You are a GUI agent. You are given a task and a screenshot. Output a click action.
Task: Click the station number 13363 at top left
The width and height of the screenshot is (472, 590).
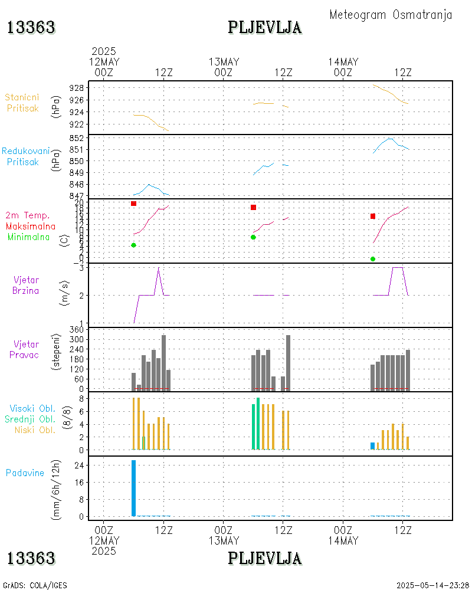(x=31, y=28)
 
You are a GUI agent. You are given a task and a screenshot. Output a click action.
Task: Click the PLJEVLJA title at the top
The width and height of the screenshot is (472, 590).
(x=265, y=28)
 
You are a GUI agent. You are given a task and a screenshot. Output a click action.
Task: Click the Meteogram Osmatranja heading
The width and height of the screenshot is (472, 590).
(x=391, y=15)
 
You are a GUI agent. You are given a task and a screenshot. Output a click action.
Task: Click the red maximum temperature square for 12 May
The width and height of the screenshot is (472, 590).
(x=134, y=204)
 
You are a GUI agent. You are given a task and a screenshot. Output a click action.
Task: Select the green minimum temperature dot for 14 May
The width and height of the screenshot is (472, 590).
(x=373, y=259)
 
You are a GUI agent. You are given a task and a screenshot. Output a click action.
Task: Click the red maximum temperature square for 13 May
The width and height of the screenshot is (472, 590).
(x=253, y=208)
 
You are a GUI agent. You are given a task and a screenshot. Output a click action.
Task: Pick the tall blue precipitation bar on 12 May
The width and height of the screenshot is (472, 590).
(x=134, y=488)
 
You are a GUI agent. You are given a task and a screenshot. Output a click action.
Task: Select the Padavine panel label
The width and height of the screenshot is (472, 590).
(x=25, y=473)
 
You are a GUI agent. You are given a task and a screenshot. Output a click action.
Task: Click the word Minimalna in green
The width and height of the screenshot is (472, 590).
(x=28, y=237)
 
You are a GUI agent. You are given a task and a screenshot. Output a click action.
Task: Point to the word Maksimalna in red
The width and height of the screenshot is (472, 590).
(x=31, y=227)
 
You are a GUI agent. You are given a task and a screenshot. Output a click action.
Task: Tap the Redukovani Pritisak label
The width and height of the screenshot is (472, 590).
(x=26, y=156)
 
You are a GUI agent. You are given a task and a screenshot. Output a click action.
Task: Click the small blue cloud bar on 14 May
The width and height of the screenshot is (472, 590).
(x=373, y=446)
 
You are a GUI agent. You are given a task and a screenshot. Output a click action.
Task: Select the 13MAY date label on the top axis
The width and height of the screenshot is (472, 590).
(x=224, y=62)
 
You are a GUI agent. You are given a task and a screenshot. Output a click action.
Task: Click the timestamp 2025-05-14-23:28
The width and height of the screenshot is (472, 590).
(x=432, y=585)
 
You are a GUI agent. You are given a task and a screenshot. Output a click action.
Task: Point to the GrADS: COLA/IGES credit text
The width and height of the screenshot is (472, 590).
(x=35, y=585)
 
